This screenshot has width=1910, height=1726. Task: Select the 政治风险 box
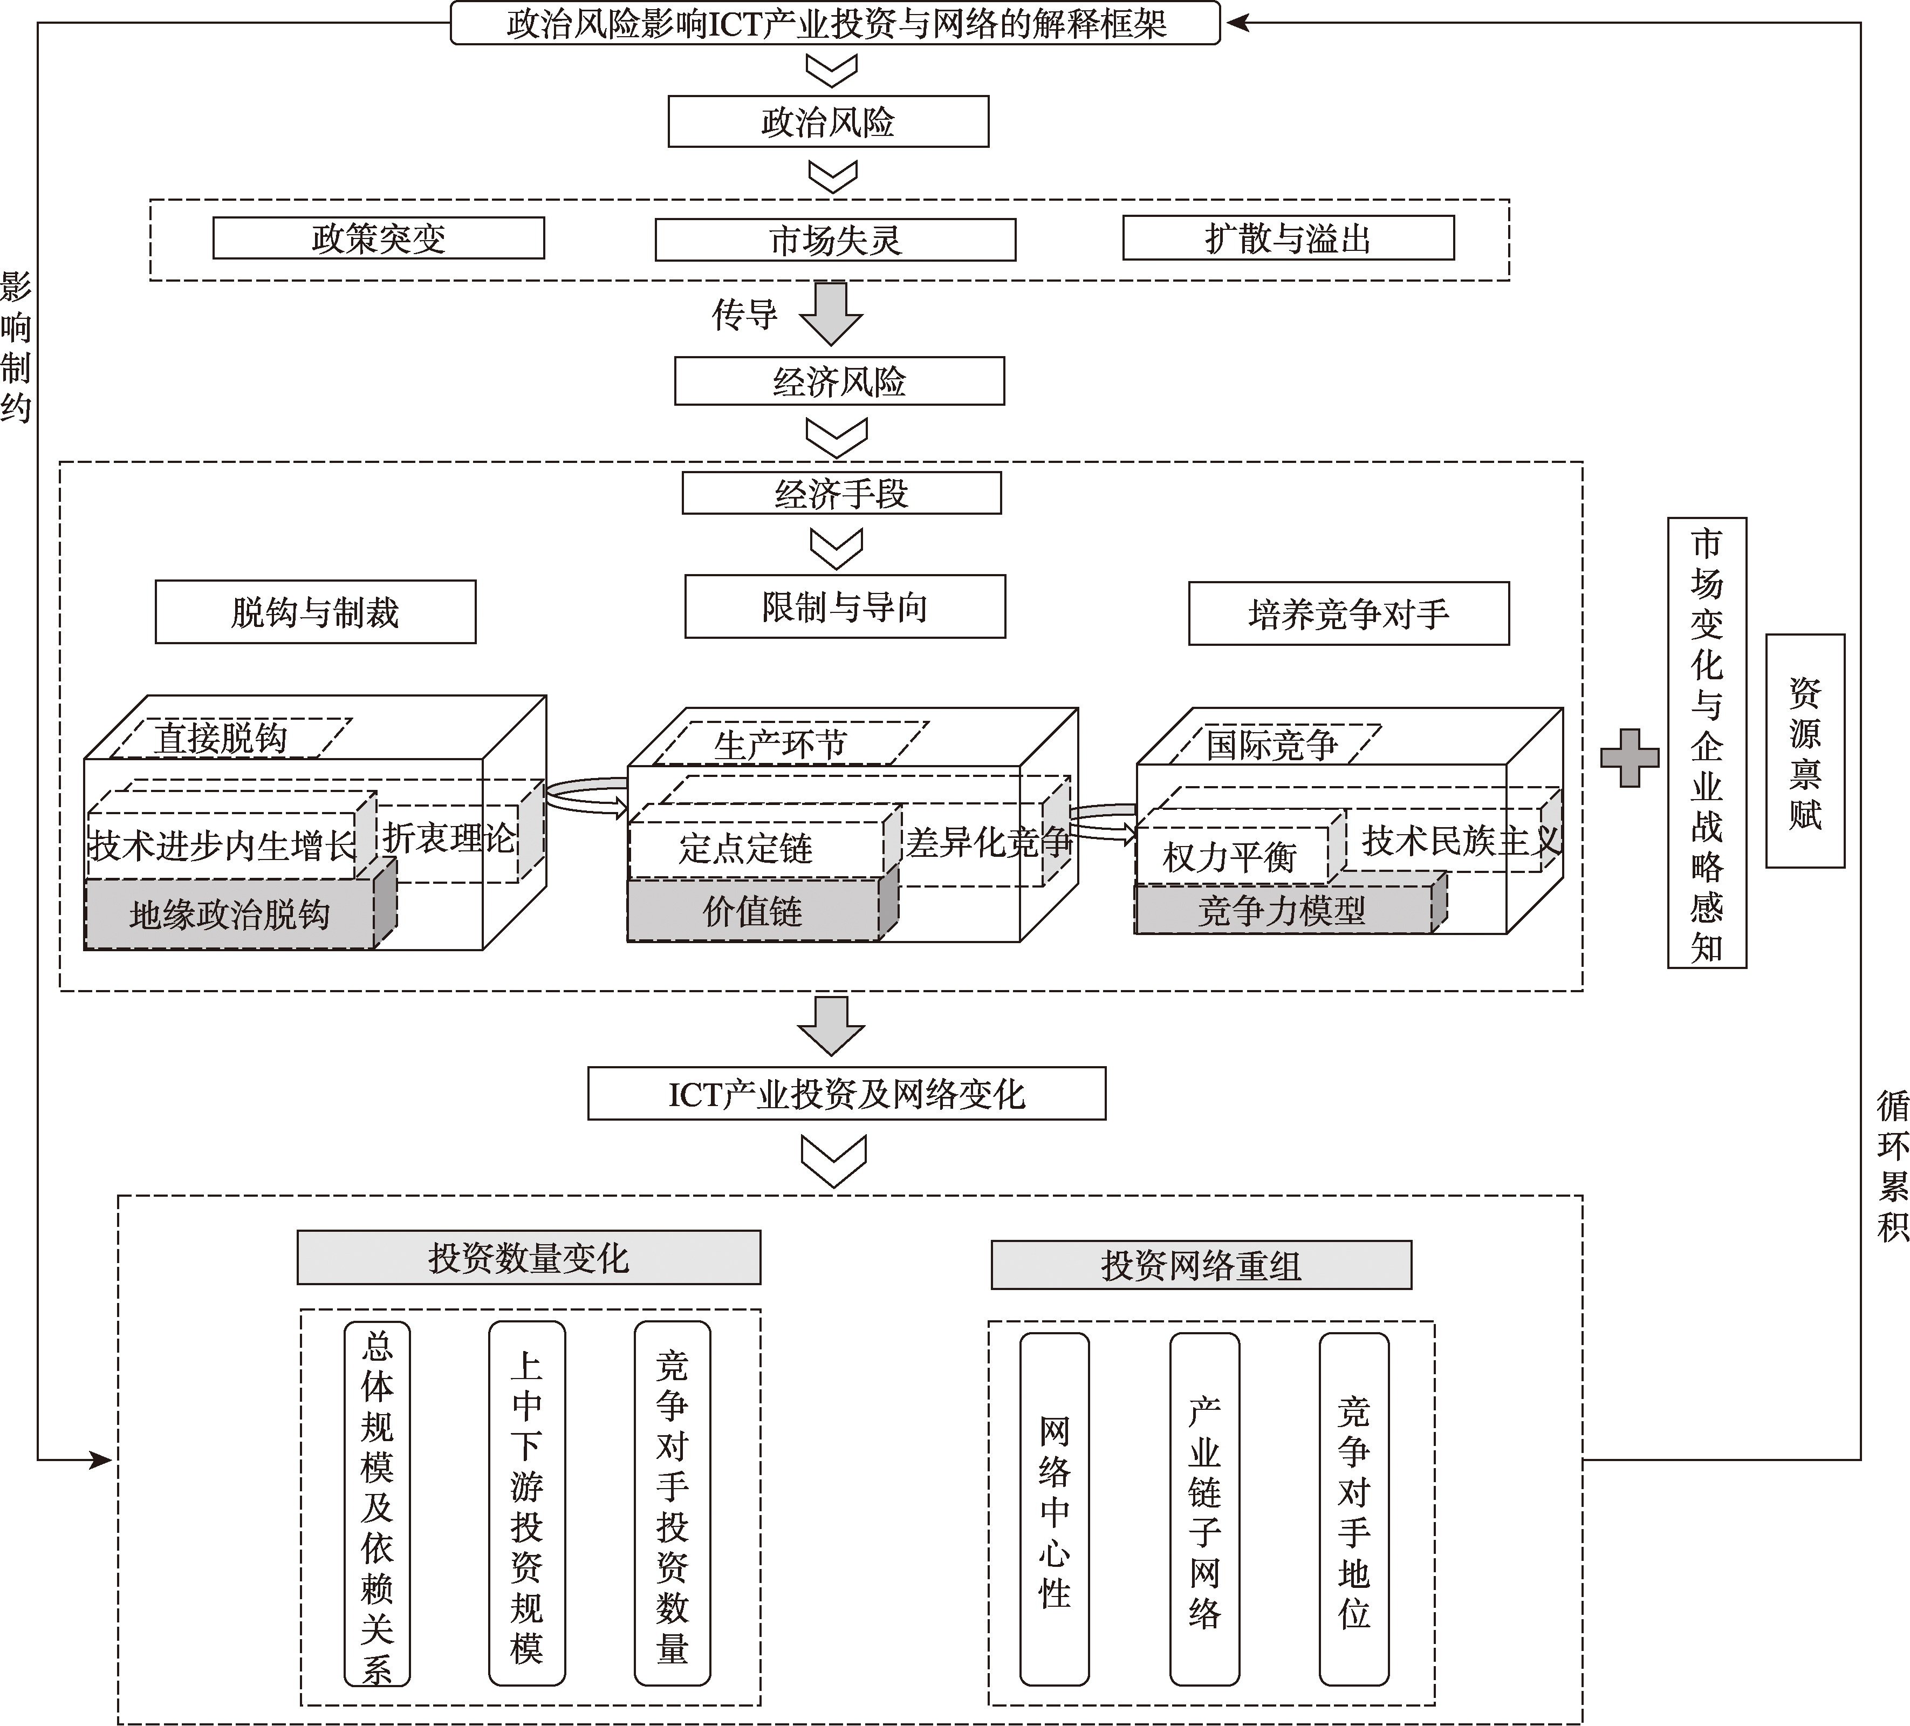pos(828,121)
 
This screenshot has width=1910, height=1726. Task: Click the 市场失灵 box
pos(834,240)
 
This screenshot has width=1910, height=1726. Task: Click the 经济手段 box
pos(841,493)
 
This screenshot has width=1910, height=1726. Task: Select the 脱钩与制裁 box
pos(316,612)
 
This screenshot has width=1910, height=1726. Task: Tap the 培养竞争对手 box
pos(1348,614)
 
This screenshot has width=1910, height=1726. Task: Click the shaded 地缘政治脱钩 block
pos(230,915)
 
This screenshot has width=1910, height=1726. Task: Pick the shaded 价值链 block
pos(753,911)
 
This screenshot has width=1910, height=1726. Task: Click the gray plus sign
pos(1630,758)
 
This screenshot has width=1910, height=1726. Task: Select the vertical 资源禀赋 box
pos(1805,751)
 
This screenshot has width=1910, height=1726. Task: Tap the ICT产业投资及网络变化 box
pos(846,1094)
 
